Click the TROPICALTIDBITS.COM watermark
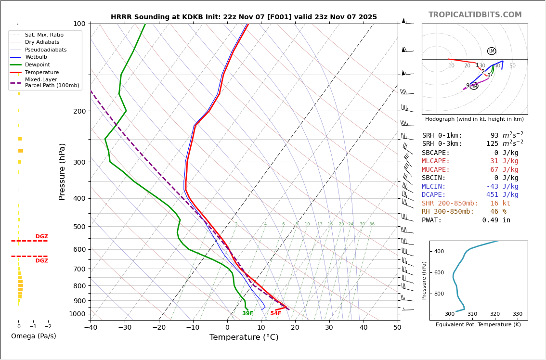[x=475, y=15]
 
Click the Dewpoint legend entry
[x=37, y=65]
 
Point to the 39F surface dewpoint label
[x=247, y=313]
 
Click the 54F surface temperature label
[x=275, y=313]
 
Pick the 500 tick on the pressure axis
[x=79, y=227]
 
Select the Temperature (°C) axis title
[x=244, y=337]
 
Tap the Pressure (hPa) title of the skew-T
[x=62, y=171]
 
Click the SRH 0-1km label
[x=442, y=136]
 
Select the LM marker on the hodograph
[x=491, y=51]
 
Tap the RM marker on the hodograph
[x=474, y=86]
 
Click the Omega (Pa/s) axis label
[x=33, y=336]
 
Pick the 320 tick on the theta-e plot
[x=494, y=314]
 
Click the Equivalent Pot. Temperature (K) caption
[x=478, y=325]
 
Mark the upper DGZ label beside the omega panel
[x=41, y=237]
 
